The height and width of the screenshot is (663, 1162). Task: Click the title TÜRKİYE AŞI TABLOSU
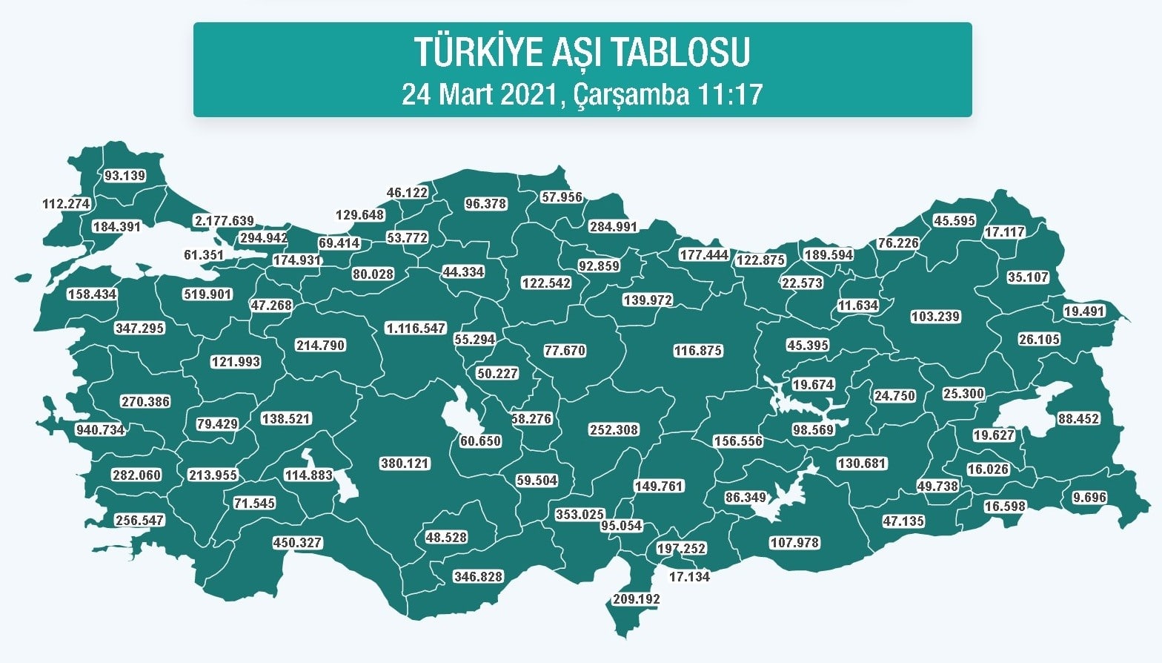point(582,52)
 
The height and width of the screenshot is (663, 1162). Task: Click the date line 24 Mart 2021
point(582,95)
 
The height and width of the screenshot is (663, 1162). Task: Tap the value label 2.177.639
point(224,221)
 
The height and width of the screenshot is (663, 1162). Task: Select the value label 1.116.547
point(416,328)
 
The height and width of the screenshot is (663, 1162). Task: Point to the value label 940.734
point(100,430)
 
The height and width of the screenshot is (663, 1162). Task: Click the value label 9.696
point(1089,498)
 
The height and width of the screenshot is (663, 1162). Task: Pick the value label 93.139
point(124,176)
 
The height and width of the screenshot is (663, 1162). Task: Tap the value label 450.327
point(297,543)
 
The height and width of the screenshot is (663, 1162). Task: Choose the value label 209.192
point(637,599)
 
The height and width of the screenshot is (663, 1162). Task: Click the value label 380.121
point(405,464)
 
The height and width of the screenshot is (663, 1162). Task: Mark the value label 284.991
point(613,227)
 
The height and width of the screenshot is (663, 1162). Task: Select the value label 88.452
point(1078,419)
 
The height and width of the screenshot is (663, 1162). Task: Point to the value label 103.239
point(935,317)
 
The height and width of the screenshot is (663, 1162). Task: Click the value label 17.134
point(689,577)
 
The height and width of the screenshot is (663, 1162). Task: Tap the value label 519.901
point(207,294)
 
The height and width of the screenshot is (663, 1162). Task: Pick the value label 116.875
point(697,351)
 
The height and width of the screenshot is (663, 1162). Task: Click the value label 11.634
point(858,306)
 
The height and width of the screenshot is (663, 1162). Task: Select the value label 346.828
point(478,577)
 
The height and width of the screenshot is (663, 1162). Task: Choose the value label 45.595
point(954,221)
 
